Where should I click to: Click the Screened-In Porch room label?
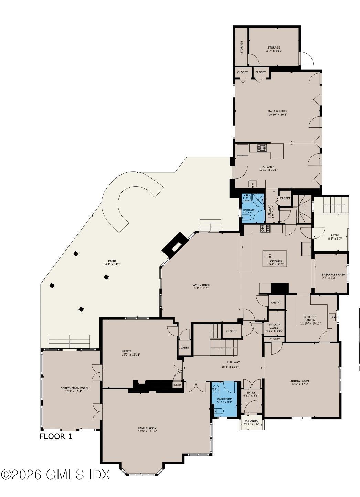tap(75, 388)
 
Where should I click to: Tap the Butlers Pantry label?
tap(310, 317)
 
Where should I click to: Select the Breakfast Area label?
tap(333, 274)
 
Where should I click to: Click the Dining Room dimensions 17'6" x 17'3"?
tap(299, 384)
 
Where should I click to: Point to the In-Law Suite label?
tap(277, 111)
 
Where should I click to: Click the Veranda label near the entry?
tap(251, 421)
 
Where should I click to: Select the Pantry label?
tap(276, 303)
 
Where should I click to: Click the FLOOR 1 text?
tap(56, 437)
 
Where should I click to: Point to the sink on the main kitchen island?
tap(271, 255)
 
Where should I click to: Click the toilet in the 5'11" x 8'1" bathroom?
tap(220, 411)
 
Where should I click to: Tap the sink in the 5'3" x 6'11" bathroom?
tap(247, 198)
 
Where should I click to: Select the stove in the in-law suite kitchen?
tap(262, 148)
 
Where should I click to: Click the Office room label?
tap(127, 351)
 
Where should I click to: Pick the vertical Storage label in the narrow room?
tap(242, 47)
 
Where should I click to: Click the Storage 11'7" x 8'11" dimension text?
tap(274, 51)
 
